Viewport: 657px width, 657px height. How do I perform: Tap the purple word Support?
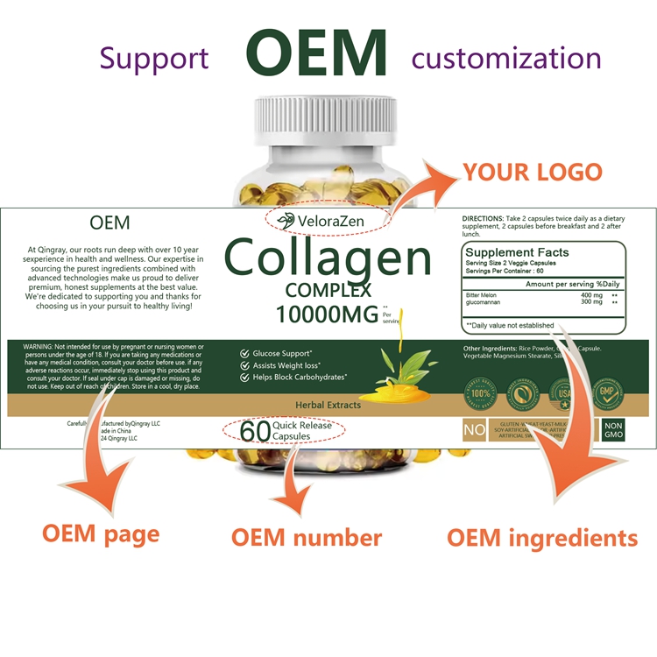154,60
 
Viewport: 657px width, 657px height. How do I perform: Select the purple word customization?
506,59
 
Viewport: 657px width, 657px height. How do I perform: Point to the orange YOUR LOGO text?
533,171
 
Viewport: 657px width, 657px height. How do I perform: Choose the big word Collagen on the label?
328,259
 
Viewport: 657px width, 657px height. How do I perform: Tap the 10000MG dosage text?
328,314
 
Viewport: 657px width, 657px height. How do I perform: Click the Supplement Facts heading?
518,252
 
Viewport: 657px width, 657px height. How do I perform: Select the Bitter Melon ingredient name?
484,295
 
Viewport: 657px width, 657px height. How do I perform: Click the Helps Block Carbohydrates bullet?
300,378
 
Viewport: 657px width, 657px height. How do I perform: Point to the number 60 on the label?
254,432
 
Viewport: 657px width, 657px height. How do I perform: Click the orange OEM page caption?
101,533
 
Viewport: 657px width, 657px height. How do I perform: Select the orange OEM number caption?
307,537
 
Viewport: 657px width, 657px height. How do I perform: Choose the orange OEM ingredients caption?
542,537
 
